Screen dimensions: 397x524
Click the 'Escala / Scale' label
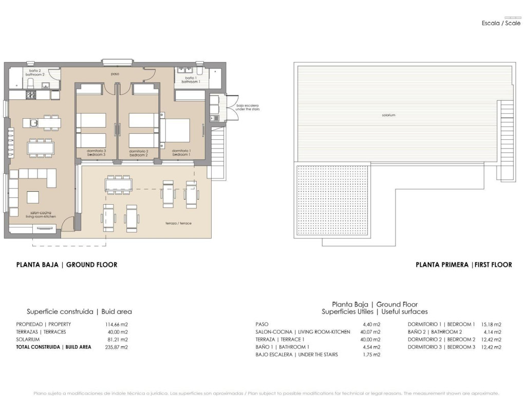501,24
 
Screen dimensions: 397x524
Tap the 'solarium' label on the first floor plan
388,115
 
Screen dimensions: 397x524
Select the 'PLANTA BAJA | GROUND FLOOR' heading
67,265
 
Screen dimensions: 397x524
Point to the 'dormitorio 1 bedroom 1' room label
181,153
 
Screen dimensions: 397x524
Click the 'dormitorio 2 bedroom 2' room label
138,153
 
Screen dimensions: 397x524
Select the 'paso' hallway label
115,74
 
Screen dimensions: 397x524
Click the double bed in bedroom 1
177,131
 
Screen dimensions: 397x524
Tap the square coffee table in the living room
33,197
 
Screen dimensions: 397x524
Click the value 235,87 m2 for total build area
116,347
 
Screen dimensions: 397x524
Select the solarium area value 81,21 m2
116,339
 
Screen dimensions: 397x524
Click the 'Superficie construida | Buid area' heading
79,312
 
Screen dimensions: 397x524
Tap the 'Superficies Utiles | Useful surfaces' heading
375,312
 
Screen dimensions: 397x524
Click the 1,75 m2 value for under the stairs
371,355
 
